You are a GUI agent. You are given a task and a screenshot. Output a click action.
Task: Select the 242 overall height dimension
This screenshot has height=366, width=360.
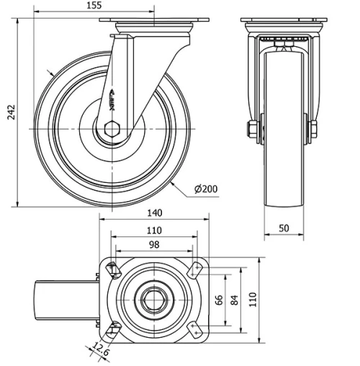pos(9,112)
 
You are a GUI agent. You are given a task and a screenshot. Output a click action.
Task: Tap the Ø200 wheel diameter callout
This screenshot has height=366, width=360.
pos(206,189)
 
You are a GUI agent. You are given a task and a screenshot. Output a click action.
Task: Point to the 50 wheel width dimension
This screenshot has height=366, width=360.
pos(284,228)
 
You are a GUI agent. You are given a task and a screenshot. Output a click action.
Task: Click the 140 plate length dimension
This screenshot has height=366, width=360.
pos(153,213)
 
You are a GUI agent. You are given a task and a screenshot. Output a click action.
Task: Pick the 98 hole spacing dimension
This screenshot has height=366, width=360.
pos(153,246)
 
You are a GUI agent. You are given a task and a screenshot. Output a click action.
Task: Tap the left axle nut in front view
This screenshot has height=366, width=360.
pos(251,129)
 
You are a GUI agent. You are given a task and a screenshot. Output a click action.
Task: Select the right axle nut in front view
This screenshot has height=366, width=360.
pos(315,129)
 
